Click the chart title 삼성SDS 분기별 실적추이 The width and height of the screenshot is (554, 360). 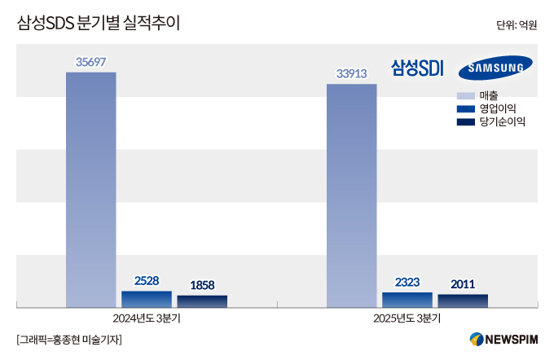(98, 24)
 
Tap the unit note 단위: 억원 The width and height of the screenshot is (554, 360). (516, 25)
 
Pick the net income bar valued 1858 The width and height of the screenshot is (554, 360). (202, 301)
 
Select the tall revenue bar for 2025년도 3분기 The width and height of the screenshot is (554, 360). (351, 195)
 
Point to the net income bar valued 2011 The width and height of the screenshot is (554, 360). (463, 301)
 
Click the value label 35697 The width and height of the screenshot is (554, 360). (91, 61)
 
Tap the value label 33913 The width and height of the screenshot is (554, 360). (352, 73)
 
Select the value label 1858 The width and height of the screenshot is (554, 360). (202, 285)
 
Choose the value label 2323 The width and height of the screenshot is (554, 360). (407, 282)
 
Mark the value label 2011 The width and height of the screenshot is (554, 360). (463, 284)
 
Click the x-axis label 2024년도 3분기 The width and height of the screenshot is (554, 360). (147, 318)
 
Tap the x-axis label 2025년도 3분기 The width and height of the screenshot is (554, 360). (407, 318)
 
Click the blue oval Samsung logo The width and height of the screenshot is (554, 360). (495, 69)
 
